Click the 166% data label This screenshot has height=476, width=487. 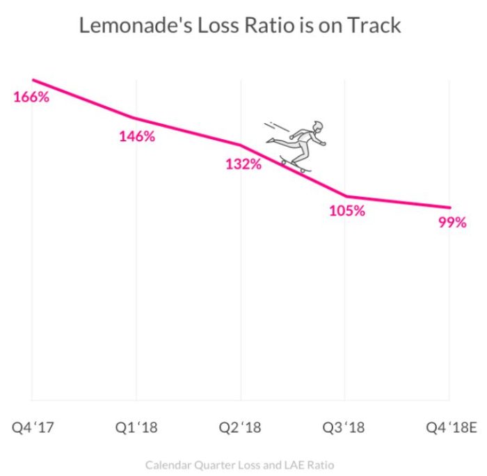(31, 97)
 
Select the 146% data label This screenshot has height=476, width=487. (136, 136)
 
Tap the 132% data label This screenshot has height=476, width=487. (243, 165)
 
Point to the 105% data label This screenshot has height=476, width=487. (346, 211)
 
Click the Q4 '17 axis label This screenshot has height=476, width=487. (31, 427)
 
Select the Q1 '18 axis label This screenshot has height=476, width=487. (136, 427)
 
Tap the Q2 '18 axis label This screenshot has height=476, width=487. (241, 427)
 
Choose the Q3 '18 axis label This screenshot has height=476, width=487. (345, 427)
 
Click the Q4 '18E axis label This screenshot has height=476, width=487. (452, 427)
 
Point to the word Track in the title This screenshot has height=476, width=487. (376, 26)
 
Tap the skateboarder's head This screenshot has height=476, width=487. (318, 127)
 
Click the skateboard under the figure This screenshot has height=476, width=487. (296, 166)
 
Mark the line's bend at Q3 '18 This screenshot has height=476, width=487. (346, 196)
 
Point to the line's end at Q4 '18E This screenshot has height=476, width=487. (450, 207)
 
